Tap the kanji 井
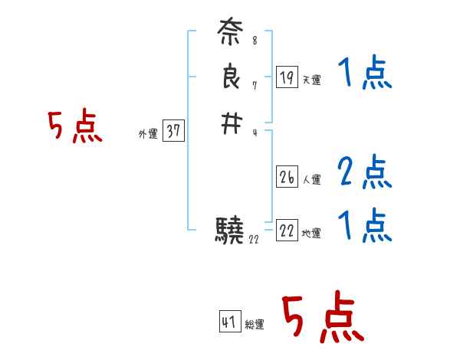231,122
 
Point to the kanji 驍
230,230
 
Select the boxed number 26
287,178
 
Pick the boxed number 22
287,231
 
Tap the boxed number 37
173,131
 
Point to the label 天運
310,80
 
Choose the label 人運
311,181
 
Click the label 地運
311,234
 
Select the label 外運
147,134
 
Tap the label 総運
255,325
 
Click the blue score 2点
364,172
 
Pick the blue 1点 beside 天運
364,74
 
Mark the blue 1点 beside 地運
364,226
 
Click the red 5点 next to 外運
75,127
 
